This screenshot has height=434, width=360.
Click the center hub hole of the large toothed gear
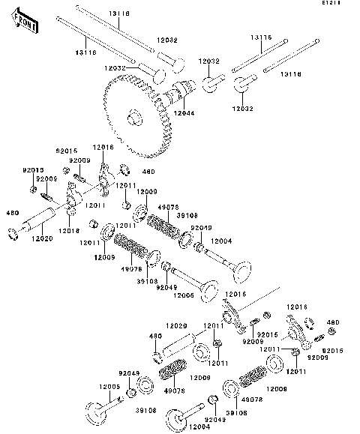pos(136,118)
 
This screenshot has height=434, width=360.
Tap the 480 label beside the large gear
pos(137,172)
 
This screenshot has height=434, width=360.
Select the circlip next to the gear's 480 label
pos(124,166)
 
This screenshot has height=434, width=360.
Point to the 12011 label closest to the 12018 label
pos(93,205)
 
